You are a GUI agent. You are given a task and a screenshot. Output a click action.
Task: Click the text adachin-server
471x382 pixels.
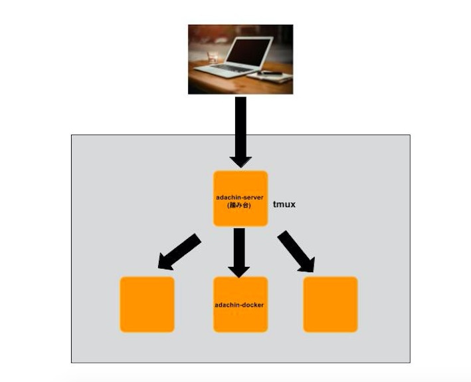click(x=240, y=198)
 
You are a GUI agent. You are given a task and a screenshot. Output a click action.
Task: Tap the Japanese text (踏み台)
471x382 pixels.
click(x=240, y=206)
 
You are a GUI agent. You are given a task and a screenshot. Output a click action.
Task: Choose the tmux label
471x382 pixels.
click(x=284, y=204)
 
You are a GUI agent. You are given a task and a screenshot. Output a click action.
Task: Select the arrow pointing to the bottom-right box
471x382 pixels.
click(x=296, y=252)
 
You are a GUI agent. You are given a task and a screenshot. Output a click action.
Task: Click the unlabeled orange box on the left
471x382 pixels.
click(x=147, y=304)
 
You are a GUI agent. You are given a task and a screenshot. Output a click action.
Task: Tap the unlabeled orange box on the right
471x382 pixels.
click(x=330, y=304)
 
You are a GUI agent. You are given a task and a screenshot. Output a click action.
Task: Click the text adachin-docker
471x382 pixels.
click(x=240, y=305)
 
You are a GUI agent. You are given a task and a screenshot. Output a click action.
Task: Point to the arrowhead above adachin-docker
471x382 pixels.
click(x=240, y=270)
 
